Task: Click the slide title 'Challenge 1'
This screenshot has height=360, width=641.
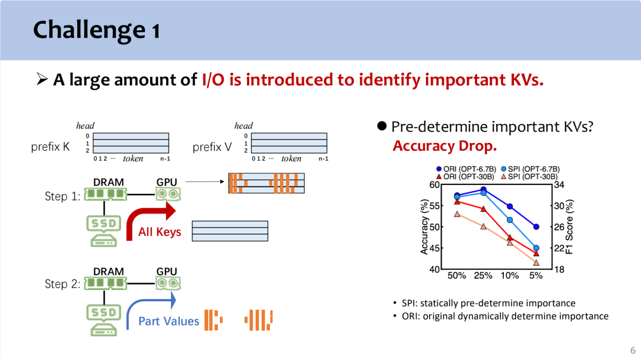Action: pyautogui.click(x=97, y=30)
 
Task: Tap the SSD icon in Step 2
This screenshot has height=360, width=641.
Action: pyautogui.click(x=104, y=320)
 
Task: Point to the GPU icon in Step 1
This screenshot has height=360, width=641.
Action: pyautogui.click(x=167, y=194)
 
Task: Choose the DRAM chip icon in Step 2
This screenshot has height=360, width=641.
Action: pyautogui.click(x=106, y=282)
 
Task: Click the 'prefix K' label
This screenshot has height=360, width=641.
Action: pyautogui.click(x=50, y=146)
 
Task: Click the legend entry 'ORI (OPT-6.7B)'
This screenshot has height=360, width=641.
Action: pyautogui.click(x=466, y=169)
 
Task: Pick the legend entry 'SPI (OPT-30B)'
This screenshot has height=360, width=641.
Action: pyautogui.click(x=529, y=177)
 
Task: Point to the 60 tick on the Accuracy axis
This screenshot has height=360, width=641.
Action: pyautogui.click(x=434, y=184)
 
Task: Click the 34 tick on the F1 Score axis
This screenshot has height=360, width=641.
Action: pyautogui.click(x=559, y=184)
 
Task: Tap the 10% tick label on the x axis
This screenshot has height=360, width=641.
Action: pyautogui.click(x=510, y=276)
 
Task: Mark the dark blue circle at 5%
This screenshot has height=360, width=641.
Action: pyautogui.click(x=537, y=227)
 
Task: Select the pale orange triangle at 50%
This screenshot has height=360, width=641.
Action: pyautogui.click(x=457, y=214)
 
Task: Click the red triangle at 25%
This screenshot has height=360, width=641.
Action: pyautogui.click(x=484, y=209)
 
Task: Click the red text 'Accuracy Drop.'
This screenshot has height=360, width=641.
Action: pyautogui.click(x=445, y=146)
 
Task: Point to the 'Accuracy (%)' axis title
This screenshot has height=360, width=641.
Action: pyautogui.click(x=424, y=227)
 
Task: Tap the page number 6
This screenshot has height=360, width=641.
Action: pyautogui.click(x=633, y=350)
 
